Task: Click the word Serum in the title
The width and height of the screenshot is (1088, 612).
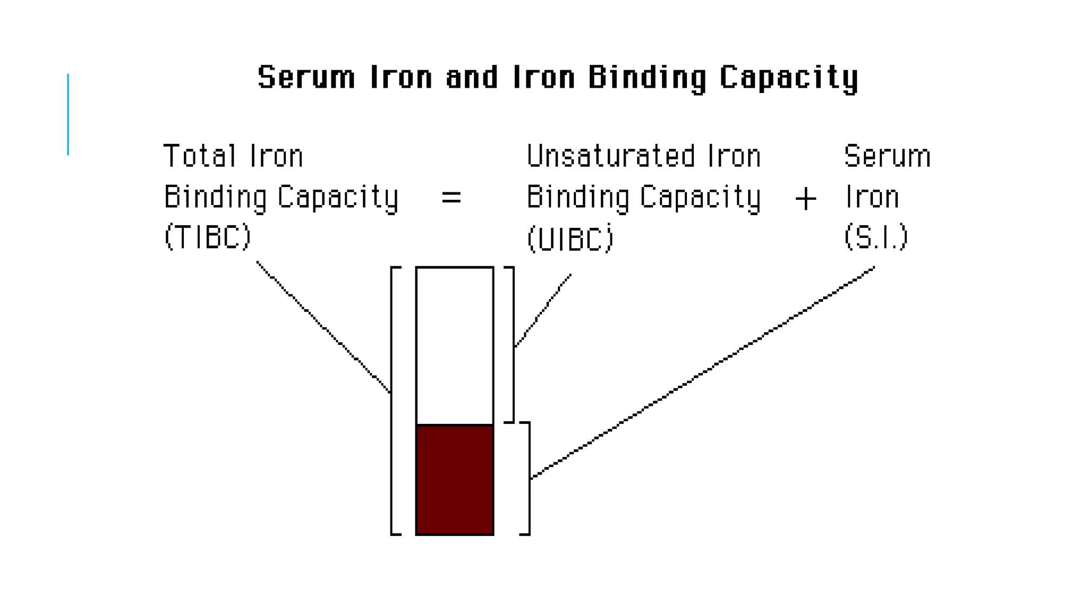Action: pyautogui.click(x=306, y=78)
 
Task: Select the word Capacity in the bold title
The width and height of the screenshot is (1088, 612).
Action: pyautogui.click(x=788, y=79)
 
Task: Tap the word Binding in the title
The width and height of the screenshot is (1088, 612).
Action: pyautogui.click(x=647, y=79)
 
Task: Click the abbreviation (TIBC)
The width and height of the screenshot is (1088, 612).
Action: pyautogui.click(x=207, y=236)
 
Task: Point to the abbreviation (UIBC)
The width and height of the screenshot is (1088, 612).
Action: pyautogui.click(x=570, y=239)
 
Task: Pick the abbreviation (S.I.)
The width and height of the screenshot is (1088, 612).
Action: pyautogui.click(x=875, y=236)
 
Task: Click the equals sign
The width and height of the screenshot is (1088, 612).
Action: pyautogui.click(x=451, y=198)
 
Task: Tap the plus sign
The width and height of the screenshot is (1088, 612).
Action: pyautogui.click(x=805, y=199)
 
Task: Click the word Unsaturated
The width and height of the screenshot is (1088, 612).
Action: pyautogui.click(x=610, y=156)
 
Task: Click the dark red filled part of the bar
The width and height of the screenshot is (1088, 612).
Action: pyautogui.click(x=455, y=479)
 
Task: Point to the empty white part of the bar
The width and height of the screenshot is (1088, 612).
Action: pyautogui.click(x=455, y=345)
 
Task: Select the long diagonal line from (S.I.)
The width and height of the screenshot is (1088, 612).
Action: pyautogui.click(x=701, y=372)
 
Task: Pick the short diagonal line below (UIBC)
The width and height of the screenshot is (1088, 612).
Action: pyautogui.click(x=543, y=311)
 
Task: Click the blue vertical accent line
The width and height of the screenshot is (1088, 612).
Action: pyautogui.click(x=68, y=114)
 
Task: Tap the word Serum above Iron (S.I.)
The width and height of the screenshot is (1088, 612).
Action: pyautogui.click(x=887, y=156)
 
